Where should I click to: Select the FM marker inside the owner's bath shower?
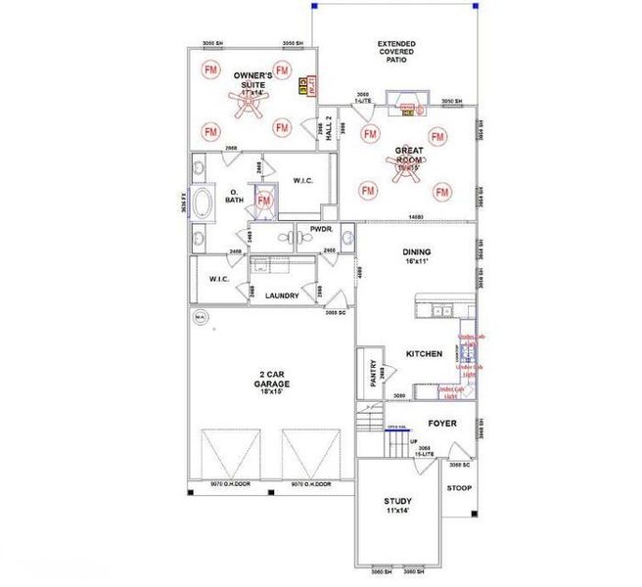[262, 202]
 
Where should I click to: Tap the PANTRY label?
[373, 375]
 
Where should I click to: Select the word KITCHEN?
[424, 353]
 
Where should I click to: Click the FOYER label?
[442, 424]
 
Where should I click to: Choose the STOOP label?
[459, 487]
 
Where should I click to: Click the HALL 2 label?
[330, 129]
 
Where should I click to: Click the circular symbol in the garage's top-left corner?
[200, 317]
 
